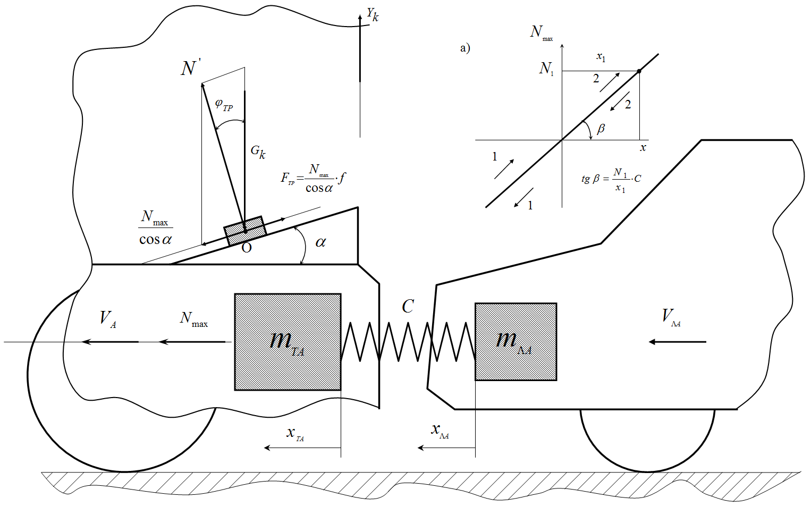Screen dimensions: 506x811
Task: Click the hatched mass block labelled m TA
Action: [x=288, y=342]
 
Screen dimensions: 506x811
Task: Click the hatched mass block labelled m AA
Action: [x=516, y=342]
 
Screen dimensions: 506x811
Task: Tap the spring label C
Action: [x=408, y=307]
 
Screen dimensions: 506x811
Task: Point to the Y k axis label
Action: [x=373, y=14]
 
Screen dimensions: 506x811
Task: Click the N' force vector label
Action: [x=190, y=69]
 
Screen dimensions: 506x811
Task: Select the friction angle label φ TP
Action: [x=224, y=105]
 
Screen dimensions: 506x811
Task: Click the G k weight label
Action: [x=258, y=152]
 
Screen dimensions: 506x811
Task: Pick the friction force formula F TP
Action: [x=313, y=179]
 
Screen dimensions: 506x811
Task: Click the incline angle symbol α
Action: [x=320, y=242]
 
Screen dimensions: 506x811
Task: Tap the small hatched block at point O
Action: [x=245, y=230]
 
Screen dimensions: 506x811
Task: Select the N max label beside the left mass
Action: [x=193, y=319]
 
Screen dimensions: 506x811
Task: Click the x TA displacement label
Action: [x=295, y=433]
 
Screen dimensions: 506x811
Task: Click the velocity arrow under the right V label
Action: [x=678, y=342]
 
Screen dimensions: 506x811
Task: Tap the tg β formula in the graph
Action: [x=611, y=179]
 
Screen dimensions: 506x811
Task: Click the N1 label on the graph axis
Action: [x=546, y=69]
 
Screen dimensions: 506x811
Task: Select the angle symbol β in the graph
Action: [x=601, y=129]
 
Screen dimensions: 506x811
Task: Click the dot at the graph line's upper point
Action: [x=639, y=71]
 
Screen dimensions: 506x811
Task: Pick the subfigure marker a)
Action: [x=465, y=48]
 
